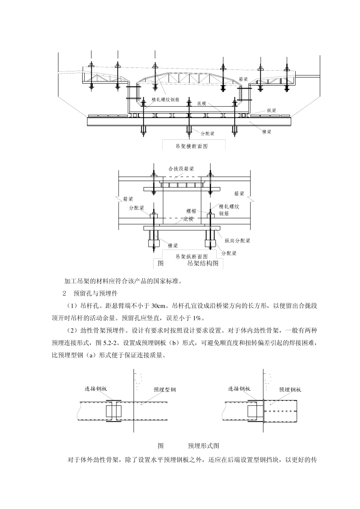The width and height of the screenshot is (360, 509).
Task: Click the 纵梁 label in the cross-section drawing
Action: click(271, 111)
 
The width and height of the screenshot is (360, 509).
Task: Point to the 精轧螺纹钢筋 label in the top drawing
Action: click(166, 99)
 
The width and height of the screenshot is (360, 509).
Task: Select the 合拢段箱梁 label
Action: click(181, 169)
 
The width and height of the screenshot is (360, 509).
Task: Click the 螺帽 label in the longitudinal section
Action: click(191, 211)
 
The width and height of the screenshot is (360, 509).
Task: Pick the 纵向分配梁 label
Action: click(237, 240)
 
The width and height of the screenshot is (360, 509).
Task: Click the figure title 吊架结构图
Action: click(203, 264)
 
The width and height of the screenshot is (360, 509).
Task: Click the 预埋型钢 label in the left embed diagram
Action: click(165, 390)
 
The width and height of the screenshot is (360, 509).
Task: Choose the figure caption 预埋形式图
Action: click(203, 445)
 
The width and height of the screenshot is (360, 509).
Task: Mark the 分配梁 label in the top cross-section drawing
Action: click(208, 133)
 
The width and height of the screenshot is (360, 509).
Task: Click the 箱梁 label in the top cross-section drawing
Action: click(243, 80)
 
